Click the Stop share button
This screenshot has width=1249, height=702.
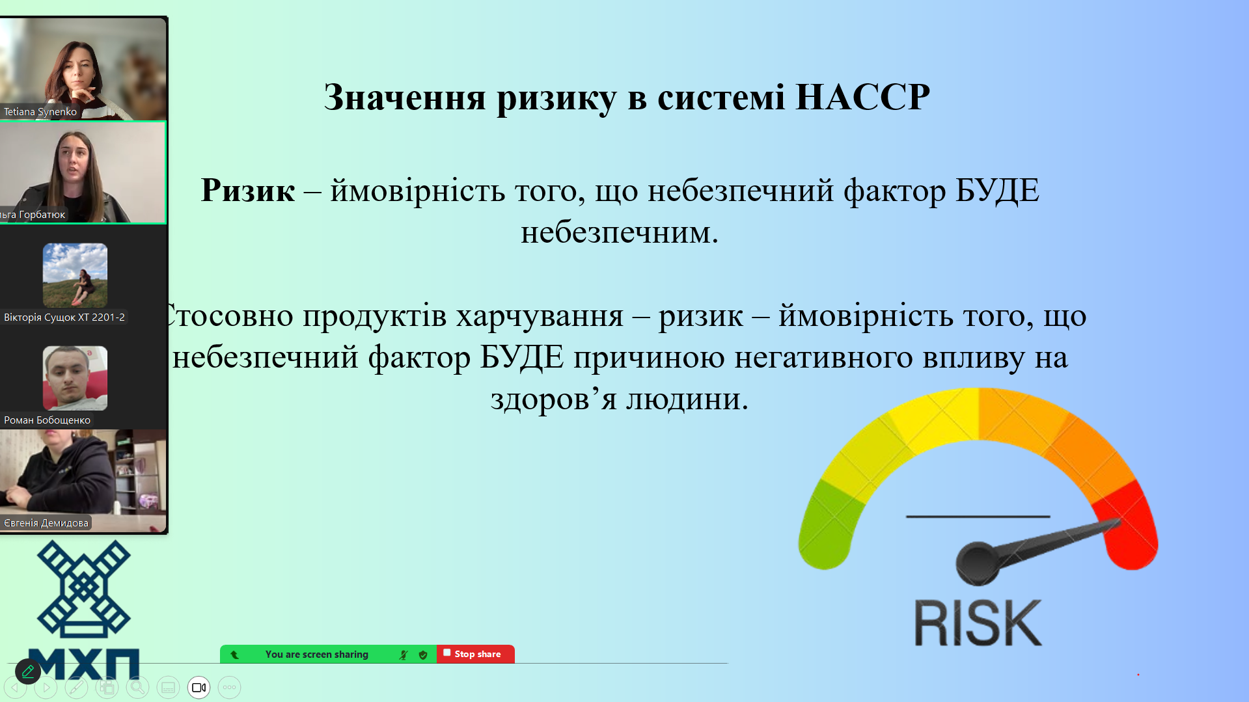click(476, 654)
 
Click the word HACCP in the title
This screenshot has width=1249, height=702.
click(862, 97)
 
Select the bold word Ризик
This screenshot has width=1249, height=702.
click(247, 191)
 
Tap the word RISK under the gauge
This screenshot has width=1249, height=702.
click(978, 623)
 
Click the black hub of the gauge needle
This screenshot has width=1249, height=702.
click(977, 563)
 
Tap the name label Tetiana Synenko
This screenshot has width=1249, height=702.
click(40, 111)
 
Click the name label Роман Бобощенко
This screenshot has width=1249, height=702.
click(47, 420)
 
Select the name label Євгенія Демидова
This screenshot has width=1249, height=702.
click(46, 522)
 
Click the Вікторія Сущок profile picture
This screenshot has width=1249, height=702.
click(75, 275)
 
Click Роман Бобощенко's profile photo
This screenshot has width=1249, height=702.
click(75, 378)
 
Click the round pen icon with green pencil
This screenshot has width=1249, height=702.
click(28, 671)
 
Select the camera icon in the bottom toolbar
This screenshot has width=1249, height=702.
click(199, 688)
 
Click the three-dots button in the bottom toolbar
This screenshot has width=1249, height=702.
click(229, 688)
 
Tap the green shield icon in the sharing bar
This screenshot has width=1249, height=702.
click(423, 655)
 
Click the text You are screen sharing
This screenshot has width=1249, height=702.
click(317, 655)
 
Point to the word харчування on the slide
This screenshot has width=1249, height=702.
click(540, 316)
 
